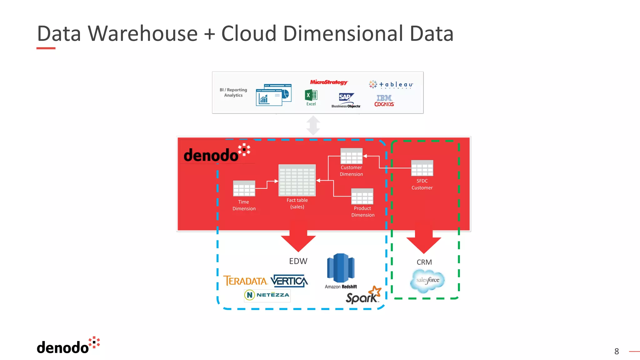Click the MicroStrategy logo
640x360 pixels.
(328, 82)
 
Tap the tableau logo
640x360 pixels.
(391, 85)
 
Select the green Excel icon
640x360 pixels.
(311, 95)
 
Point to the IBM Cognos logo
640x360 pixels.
(384, 101)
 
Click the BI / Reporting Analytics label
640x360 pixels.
(233, 92)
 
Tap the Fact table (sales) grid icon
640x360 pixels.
(297, 180)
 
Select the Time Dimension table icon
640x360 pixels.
(244, 188)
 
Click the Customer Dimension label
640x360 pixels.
(351, 171)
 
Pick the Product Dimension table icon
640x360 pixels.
(362, 196)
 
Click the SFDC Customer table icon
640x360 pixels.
(422, 168)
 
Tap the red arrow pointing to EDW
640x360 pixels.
(298, 237)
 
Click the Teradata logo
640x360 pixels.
(245, 281)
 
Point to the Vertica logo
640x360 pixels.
(289, 281)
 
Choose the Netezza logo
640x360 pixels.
(267, 295)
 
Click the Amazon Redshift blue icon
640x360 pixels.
(341, 268)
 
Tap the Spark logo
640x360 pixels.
(363, 296)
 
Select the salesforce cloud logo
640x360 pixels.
(427, 281)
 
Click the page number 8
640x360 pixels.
(616, 352)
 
